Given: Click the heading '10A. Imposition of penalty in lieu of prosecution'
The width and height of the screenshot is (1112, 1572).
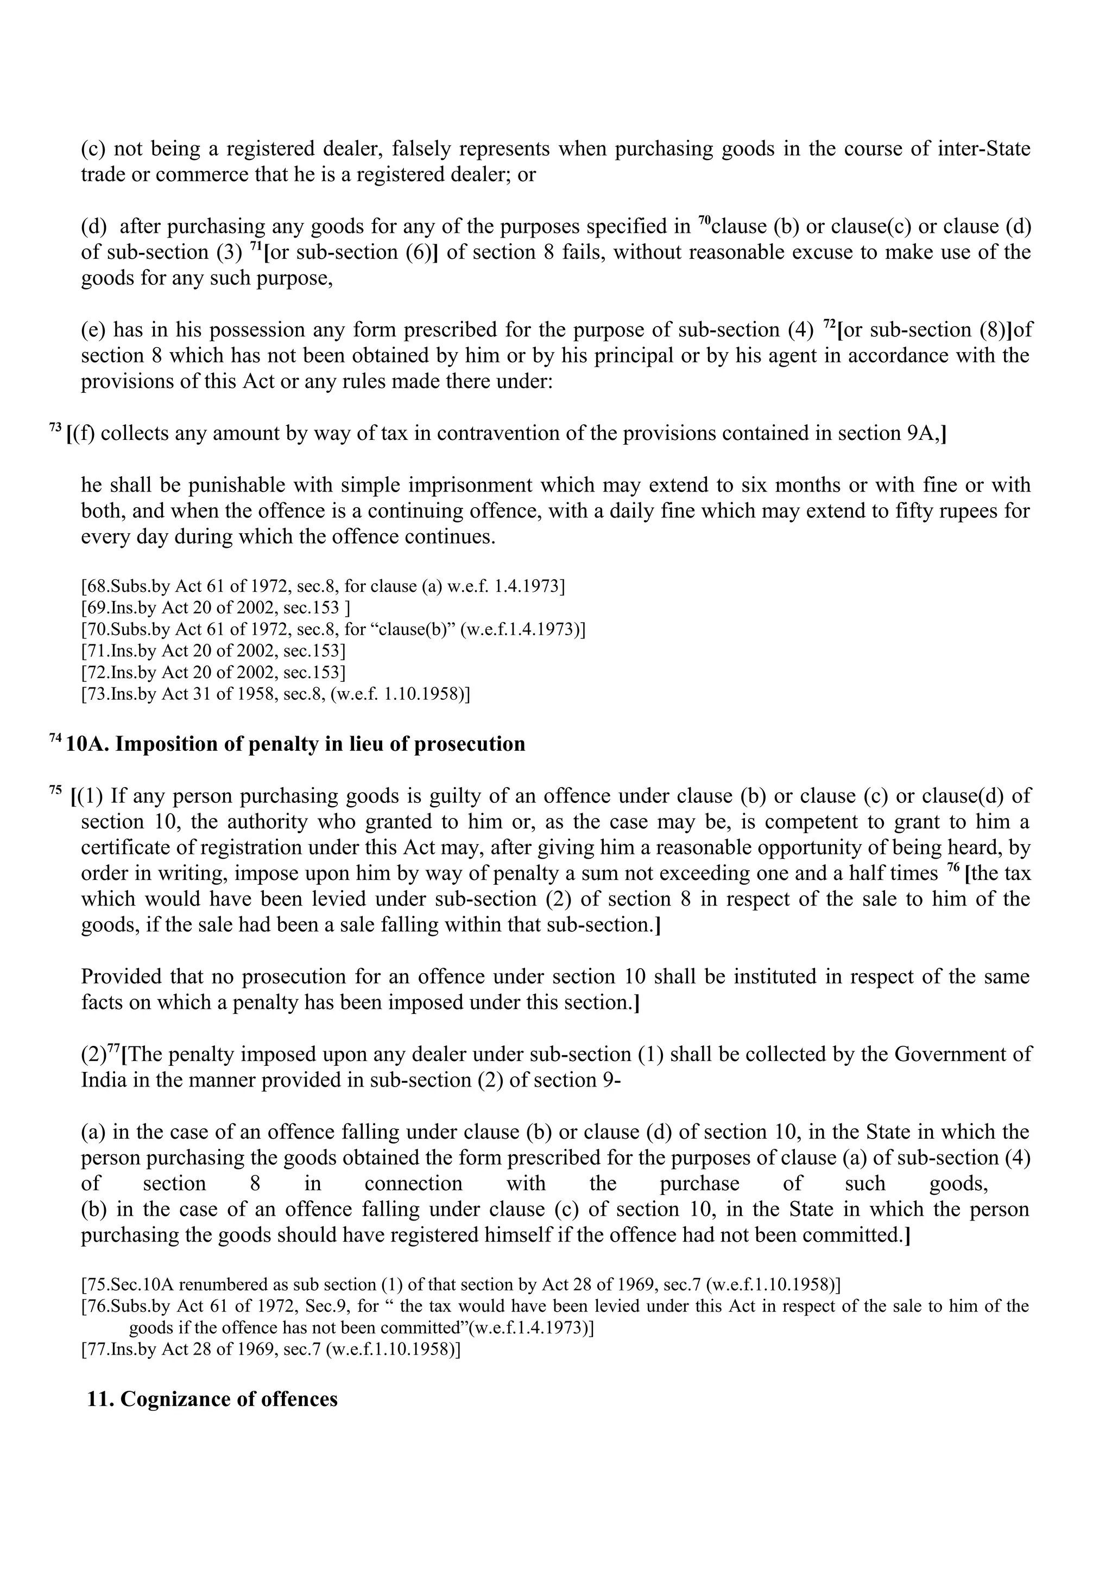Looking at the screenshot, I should [295, 744].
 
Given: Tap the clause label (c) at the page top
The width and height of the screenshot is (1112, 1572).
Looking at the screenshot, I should [93, 149].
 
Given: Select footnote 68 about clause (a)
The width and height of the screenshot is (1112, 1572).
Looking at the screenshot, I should [323, 587].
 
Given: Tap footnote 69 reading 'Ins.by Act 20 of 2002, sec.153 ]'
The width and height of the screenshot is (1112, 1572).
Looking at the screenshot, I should [216, 608].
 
